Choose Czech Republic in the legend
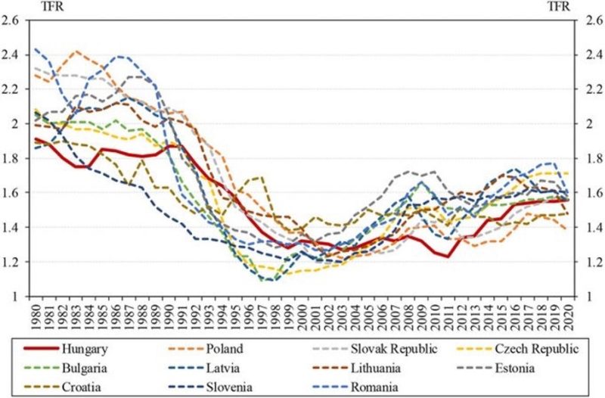538,349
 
